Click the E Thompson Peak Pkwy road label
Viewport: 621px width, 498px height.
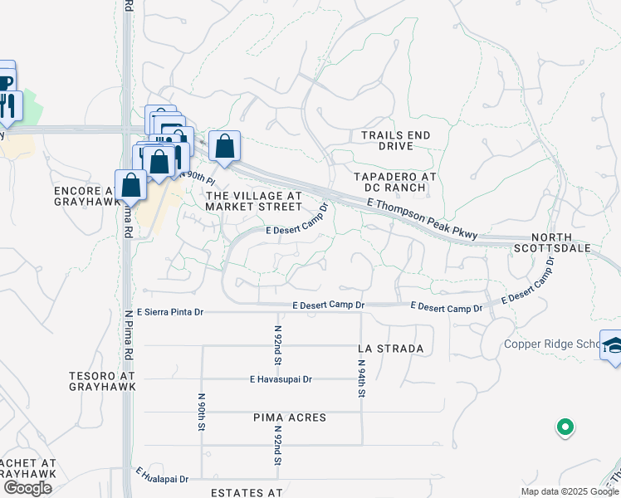(x=422, y=220)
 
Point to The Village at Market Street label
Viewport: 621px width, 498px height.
(x=252, y=200)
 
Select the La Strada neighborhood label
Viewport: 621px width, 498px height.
(x=391, y=349)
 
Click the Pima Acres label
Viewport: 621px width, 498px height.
(x=290, y=417)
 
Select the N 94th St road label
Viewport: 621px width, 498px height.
(x=361, y=377)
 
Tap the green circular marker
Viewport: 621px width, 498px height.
(x=565, y=427)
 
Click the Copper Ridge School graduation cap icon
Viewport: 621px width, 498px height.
(x=613, y=345)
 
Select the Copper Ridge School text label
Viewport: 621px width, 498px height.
(x=551, y=344)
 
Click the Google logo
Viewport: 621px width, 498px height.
(x=27, y=488)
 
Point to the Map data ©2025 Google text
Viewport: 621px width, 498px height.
(x=569, y=491)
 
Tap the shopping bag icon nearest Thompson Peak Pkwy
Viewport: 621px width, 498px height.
(x=224, y=147)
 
